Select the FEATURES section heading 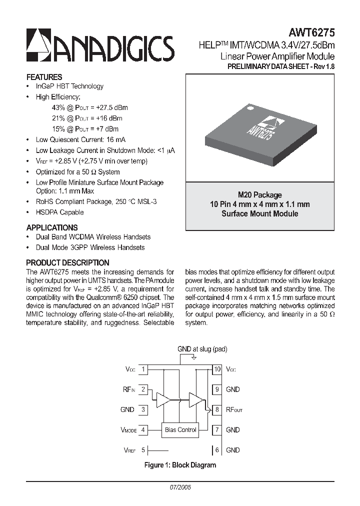pos(44,77)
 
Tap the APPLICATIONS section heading pos(52,227)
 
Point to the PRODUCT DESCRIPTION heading pos(67,262)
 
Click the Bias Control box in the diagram pos(180,429)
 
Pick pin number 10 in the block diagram pos(217,369)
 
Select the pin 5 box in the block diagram pos(143,450)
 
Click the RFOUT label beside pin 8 pos(234,410)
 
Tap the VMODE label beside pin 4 pos(128,430)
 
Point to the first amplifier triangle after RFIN pos(163,399)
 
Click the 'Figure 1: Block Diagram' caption pos(180,465)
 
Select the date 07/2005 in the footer pos(180,486)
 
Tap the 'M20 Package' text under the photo pos(259,195)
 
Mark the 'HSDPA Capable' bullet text pos(59,212)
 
